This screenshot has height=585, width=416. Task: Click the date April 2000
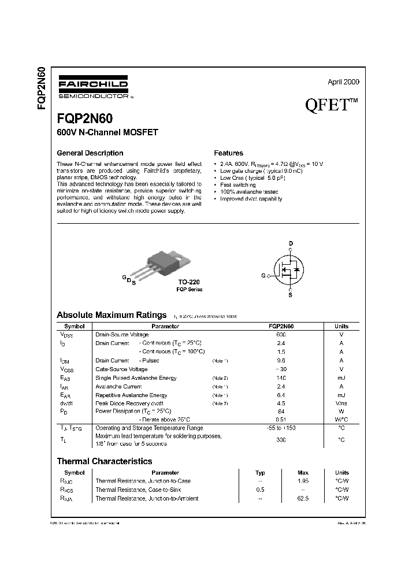(343, 82)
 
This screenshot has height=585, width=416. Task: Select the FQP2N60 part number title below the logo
(84, 119)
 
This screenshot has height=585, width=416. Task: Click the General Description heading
(90, 153)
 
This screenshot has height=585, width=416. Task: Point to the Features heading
(228, 153)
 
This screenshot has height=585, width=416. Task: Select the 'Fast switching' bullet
(239, 184)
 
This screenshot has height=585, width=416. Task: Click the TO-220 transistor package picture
(164, 264)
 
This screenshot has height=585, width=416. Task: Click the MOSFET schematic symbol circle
(291, 269)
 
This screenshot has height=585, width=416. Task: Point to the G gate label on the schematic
(263, 276)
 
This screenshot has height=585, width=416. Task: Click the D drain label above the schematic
(291, 243)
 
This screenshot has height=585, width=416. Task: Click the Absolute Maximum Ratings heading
(112, 315)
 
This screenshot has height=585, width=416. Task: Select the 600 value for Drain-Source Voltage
(281, 335)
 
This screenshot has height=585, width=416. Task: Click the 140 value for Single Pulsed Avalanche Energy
(281, 378)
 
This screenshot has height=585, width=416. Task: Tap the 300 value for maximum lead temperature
(281, 440)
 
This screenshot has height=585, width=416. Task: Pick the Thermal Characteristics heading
(104, 461)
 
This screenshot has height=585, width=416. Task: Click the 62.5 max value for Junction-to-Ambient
(303, 498)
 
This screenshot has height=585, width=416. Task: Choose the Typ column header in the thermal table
(260, 472)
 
